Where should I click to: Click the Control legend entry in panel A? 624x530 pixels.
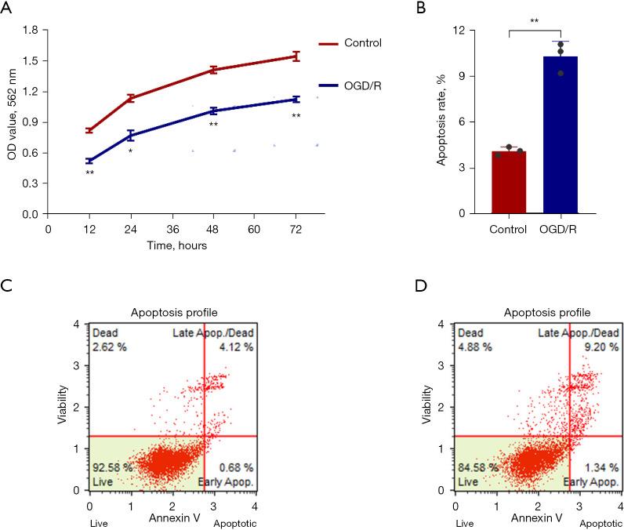(x=362, y=42)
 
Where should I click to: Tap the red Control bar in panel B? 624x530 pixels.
(x=509, y=182)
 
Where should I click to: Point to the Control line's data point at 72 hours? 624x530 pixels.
(x=296, y=56)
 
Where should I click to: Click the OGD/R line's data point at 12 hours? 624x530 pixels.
(x=89, y=161)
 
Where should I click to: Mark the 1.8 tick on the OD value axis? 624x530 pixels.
(x=31, y=30)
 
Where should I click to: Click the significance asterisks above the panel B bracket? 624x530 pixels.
(x=535, y=21)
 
